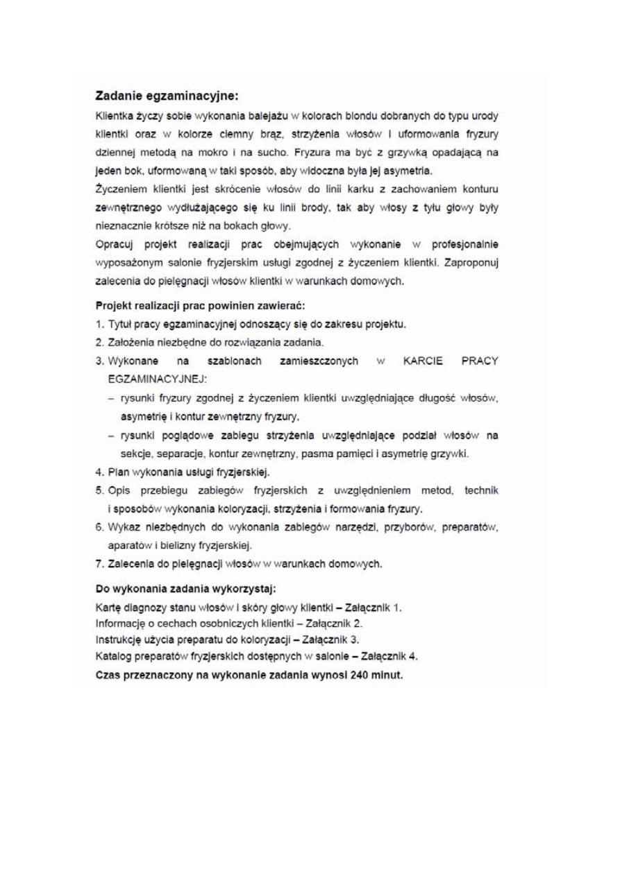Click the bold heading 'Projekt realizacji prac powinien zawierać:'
coord(200,306)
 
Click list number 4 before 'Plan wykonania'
coord(99,472)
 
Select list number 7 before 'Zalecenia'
coord(99,562)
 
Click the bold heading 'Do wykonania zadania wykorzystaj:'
coord(185,589)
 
